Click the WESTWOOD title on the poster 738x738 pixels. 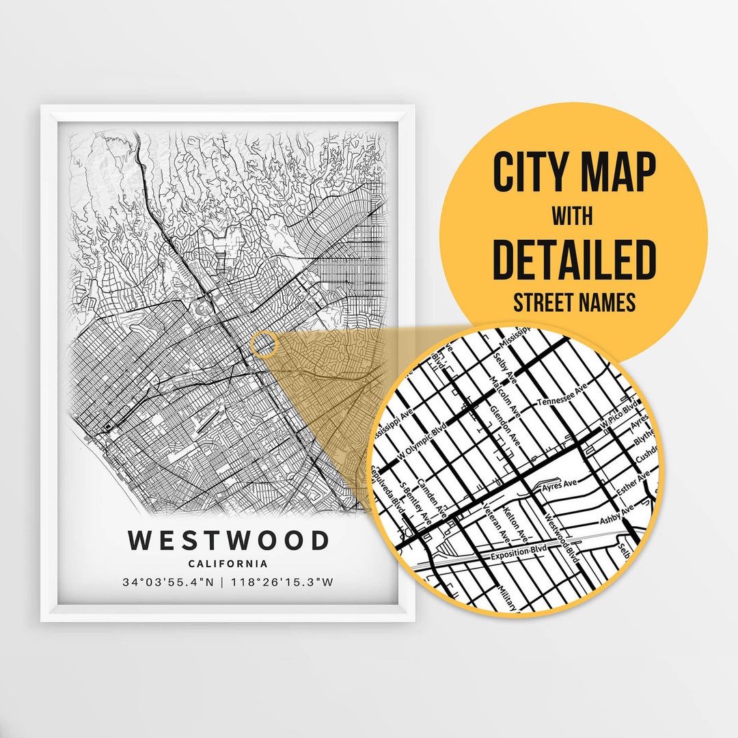point(228,541)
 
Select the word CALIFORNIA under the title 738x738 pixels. point(228,564)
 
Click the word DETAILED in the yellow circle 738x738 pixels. point(573,260)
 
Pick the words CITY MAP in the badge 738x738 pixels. point(573,173)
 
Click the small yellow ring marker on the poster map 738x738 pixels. point(263,344)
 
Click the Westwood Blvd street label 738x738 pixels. point(562,538)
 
